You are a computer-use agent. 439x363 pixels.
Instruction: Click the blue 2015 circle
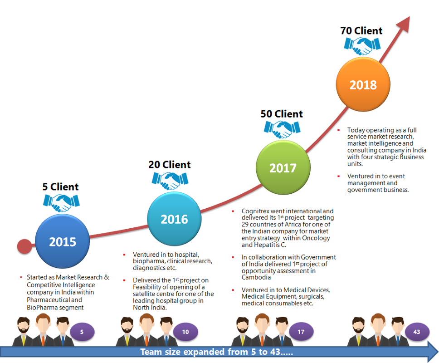click(x=62, y=241)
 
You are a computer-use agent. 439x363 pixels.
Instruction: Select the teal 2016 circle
click(x=174, y=219)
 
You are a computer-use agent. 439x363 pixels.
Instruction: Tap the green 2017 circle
click(x=283, y=168)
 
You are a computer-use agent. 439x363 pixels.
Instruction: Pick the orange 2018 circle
click(x=363, y=84)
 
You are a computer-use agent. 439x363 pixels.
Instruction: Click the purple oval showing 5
click(x=82, y=332)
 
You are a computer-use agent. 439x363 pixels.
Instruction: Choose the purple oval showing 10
click(x=186, y=332)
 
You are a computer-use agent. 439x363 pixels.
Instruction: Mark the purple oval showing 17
click(x=301, y=332)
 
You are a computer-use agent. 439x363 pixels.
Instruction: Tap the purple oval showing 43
click(x=417, y=332)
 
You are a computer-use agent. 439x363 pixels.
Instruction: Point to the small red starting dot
click(x=24, y=246)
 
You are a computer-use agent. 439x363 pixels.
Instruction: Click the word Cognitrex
click(x=257, y=211)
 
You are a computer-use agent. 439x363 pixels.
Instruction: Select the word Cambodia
click(x=256, y=277)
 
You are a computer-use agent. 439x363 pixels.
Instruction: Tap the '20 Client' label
click(x=170, y=166)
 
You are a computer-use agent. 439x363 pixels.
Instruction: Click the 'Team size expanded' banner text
click(x=216, y=352)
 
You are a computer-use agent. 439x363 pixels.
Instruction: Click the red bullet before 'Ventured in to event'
click(x=339, y=176)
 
